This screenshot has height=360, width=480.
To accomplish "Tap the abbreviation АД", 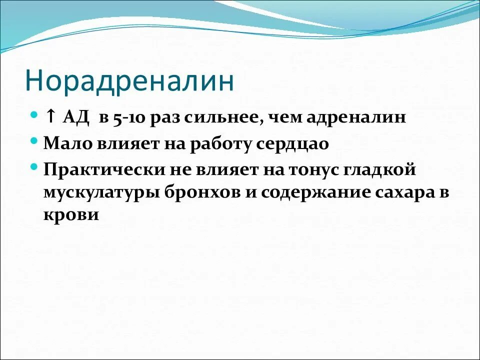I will (x=75, y=118).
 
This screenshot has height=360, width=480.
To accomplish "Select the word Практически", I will (x=99, y=169).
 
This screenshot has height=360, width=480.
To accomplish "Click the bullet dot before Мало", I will (x=33, y=141).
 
